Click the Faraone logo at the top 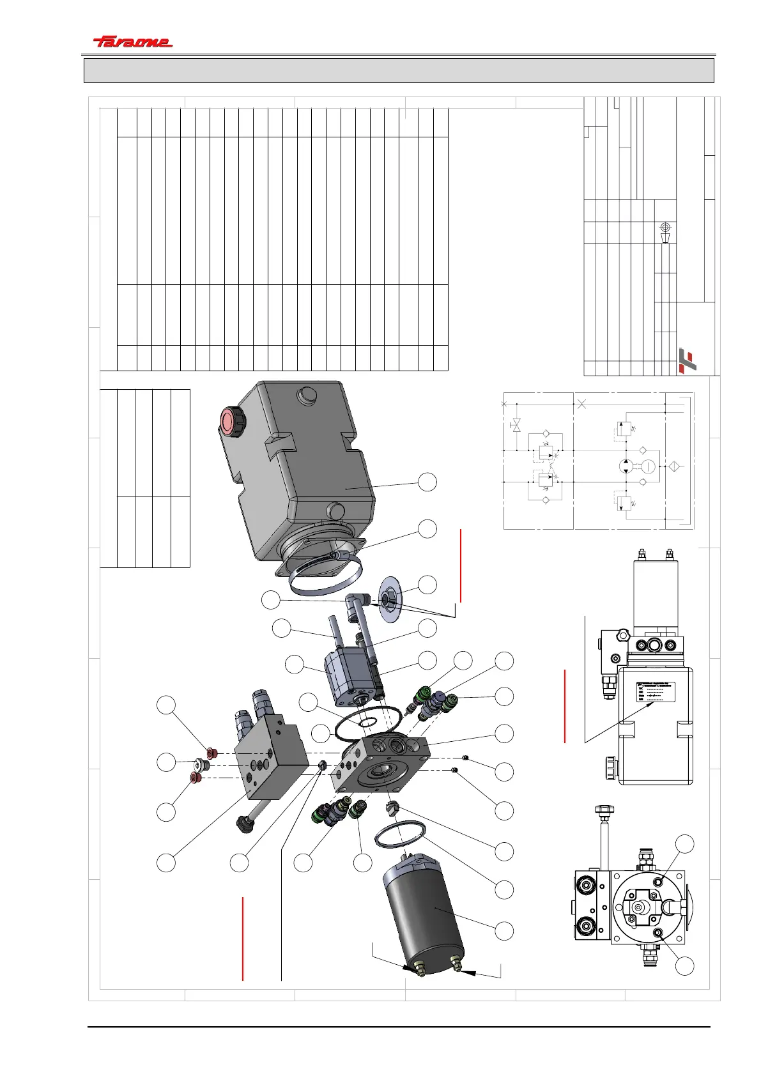click(133, 42)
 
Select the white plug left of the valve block click(203, 764)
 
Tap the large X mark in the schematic click(581, 404)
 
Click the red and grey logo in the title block click(687, 359)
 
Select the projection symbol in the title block click(665, 233)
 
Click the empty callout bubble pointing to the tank click(428, 482)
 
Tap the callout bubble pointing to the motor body click(504, 930)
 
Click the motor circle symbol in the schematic click(648, 466)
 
